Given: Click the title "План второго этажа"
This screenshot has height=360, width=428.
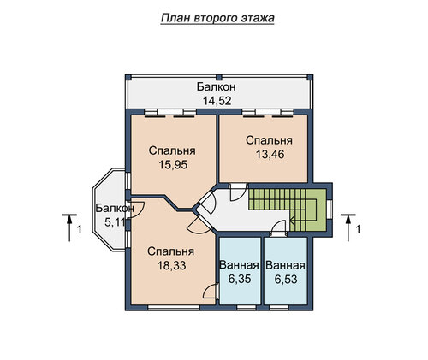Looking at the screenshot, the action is [x=217, y=18].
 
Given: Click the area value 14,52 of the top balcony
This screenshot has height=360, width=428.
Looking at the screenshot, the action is [x=217, y=101].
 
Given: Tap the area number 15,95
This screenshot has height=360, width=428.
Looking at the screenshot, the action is [x=173, y=165].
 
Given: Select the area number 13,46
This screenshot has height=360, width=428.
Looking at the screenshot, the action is [x=270, y=155].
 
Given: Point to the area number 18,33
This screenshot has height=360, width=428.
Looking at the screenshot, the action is [x=172, y=266].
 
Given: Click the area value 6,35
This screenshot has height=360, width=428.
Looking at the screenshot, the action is [x=240, y=279].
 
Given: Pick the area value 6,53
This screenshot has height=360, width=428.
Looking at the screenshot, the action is [x=286, y=280].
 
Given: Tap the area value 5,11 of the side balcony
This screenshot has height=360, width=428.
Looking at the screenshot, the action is [x=116, y=222].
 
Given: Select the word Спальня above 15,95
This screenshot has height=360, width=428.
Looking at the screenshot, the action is [x=172, y=150].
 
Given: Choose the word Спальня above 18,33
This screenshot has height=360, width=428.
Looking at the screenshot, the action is [x=171, y=251].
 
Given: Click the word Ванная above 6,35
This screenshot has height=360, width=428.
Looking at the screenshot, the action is [x=239, y=265].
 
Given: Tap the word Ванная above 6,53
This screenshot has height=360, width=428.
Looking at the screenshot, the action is [x=285, y=265].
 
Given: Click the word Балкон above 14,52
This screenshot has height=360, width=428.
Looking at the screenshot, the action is [x=217, y=87].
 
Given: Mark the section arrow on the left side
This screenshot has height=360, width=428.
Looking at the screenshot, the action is [x=69, y=227].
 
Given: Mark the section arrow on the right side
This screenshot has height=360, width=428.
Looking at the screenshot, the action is [x=348, y=227].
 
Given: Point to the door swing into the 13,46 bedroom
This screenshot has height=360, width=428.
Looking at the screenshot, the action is [x=238, y=192].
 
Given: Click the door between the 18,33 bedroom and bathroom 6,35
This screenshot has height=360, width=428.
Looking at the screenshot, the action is [x=211, y=292].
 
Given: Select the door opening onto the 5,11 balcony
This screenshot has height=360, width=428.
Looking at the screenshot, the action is [x=136, y=210].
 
